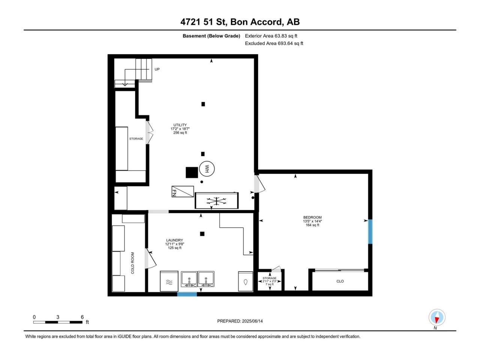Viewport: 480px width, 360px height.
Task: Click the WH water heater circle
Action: click(206, 168)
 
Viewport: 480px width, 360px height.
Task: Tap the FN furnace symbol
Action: click(182, 192)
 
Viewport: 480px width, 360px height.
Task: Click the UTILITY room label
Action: click(180, 125)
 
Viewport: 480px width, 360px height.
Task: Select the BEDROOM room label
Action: click(312, 217)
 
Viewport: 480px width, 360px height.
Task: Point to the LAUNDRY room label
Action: click(174, 240)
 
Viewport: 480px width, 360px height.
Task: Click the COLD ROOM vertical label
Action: click(132, 263)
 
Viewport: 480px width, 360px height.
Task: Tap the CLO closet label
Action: click(340, 281)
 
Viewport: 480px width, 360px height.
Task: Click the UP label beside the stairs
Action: click(157, 69)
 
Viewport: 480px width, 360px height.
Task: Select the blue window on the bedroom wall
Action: click(370, 232)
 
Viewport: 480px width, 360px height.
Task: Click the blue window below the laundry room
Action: click(187, 294)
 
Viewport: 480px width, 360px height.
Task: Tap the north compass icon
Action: click(437, 317)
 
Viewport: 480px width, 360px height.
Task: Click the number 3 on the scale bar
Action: click(58, 317)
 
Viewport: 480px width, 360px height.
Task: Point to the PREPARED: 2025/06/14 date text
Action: click(240, 321)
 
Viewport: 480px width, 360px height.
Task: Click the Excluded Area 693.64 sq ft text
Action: click(274, 43)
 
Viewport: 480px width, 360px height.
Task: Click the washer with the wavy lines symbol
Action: click(169, 281)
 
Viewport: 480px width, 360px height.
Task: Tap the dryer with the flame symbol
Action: click(245, 281)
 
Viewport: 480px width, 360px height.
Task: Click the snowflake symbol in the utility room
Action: click(216, 201)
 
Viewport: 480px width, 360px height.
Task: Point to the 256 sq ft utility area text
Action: click(180, 133)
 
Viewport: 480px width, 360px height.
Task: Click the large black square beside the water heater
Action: click(192, 172)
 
